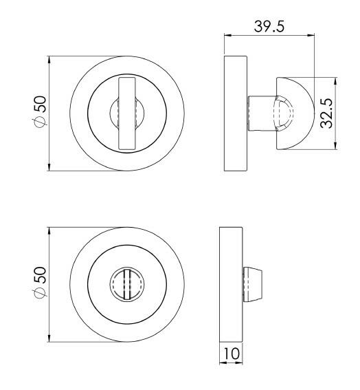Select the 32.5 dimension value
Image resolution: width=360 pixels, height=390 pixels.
point(328,112)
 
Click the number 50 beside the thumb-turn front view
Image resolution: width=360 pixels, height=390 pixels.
point(40,104)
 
